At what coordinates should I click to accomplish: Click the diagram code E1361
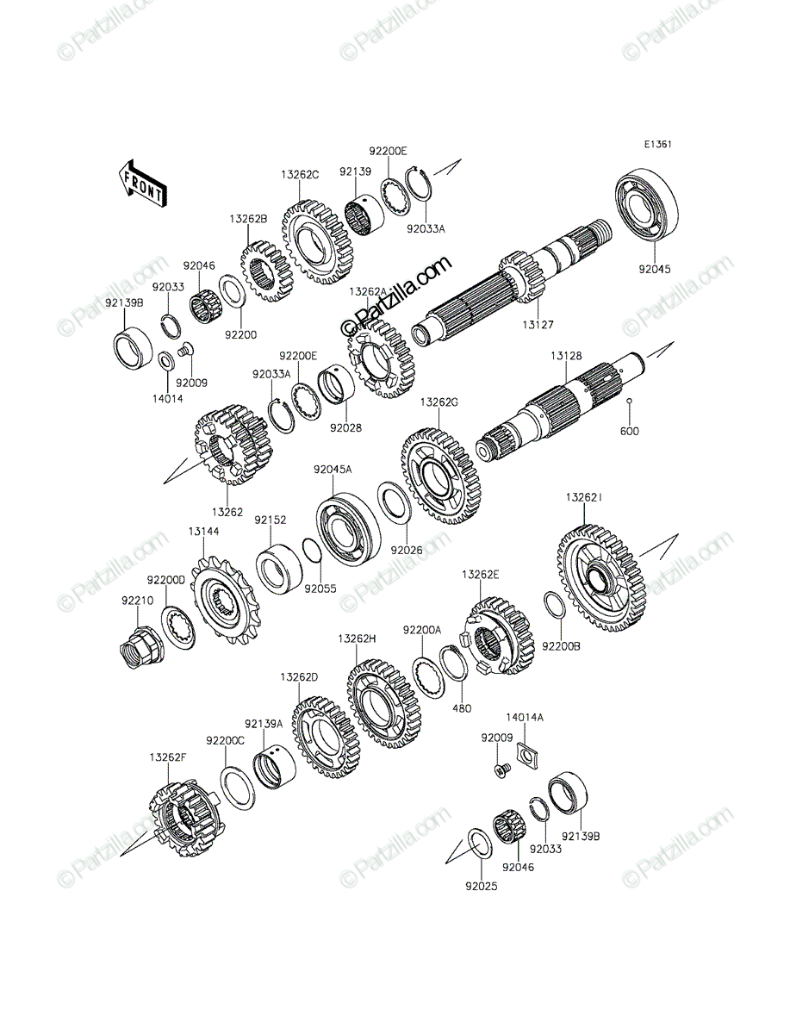657,145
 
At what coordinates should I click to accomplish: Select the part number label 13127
538,325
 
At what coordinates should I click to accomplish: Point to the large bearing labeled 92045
646,209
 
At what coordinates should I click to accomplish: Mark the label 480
462,722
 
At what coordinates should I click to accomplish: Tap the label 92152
271,520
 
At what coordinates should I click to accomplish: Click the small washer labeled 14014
166,361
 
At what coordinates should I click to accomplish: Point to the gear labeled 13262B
267,271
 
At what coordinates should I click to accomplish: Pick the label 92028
345,428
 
